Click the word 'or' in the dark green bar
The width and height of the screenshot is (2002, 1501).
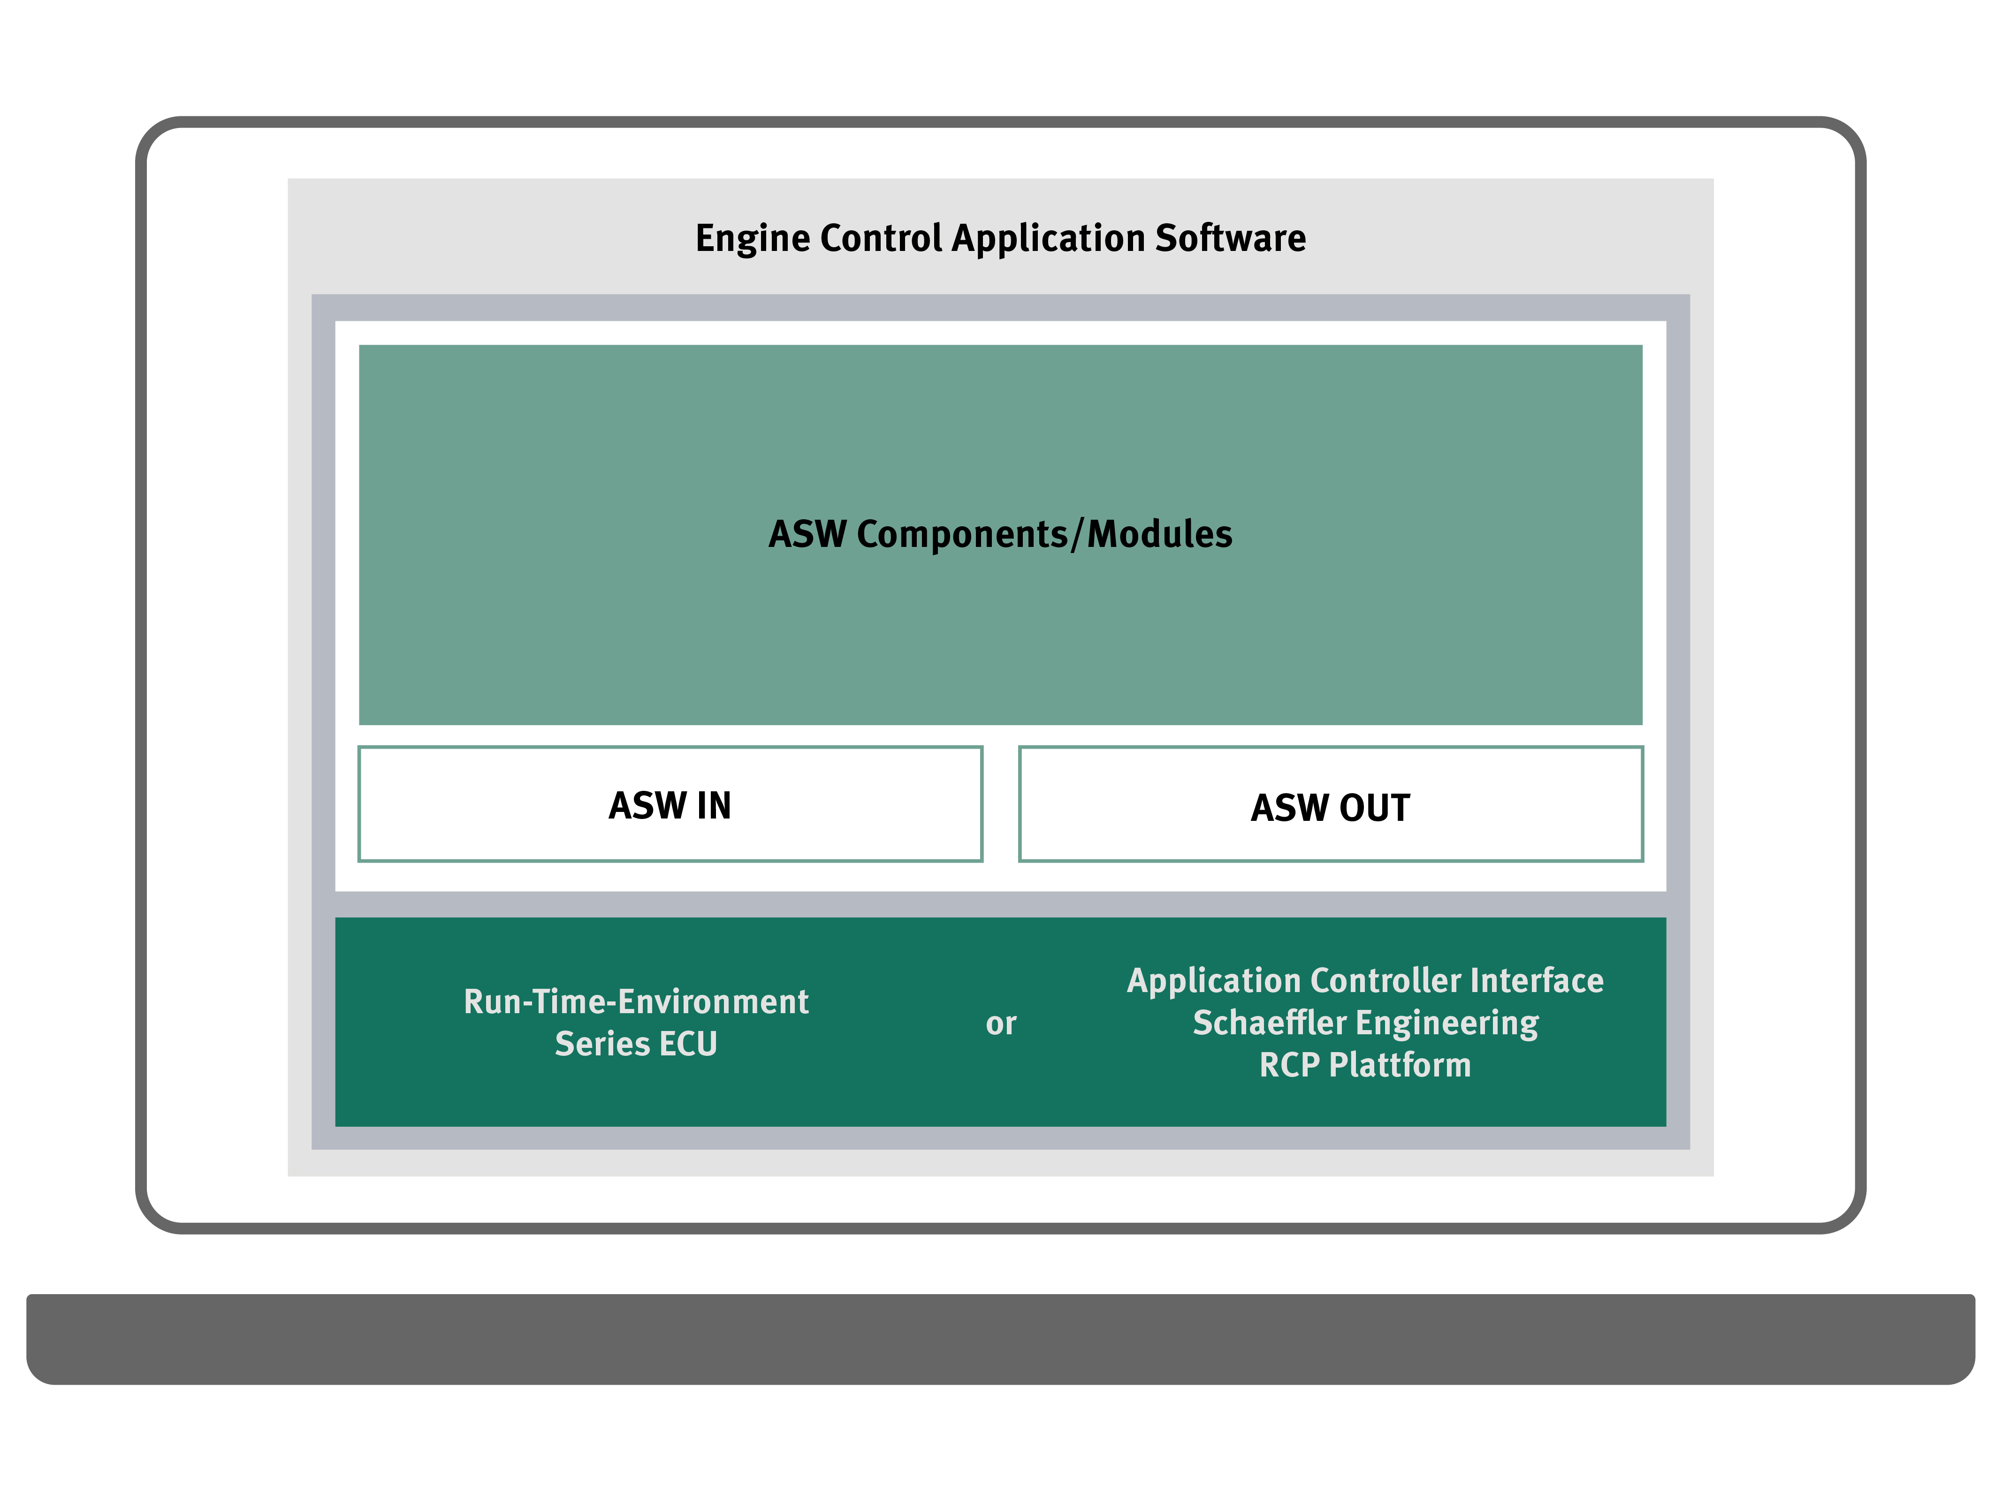1001,1024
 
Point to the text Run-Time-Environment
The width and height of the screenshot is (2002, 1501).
636,1001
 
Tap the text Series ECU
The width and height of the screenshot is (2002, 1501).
636,1044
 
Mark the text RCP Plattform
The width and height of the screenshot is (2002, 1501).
1365,1065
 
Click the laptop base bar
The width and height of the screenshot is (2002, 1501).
1001,1339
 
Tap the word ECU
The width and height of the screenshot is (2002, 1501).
688,1044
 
